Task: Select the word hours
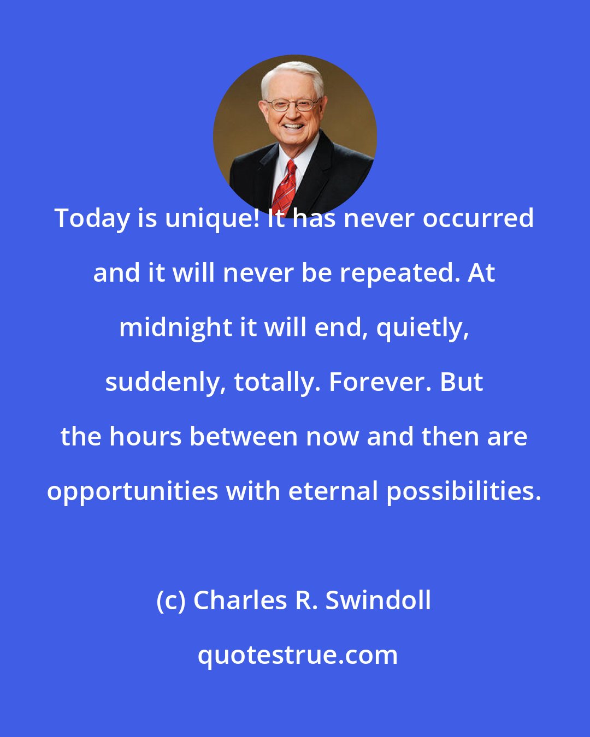click(x=145, y=437)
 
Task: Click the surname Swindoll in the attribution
click(x=378, y=601)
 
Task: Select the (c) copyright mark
click(x=172, y=601)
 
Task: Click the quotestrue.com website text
click(x=298, y=656)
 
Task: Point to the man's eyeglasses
click(x=292, y=104)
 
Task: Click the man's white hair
click(x=292, y=74)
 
